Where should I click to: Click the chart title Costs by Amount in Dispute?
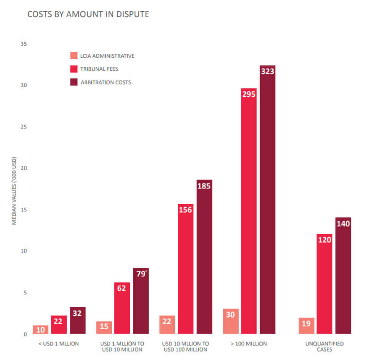(88, 14)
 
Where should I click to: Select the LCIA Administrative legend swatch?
(74, 56)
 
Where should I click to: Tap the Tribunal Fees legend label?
(99, 69)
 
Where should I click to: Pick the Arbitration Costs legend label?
(106, 82)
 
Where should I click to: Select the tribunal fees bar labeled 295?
(248, 211)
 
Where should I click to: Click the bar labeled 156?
(185, 269)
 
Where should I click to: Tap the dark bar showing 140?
(343, 275)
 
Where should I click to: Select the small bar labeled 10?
(40, 330)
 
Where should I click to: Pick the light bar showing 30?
(230, 321)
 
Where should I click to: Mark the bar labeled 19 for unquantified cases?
(306, 326)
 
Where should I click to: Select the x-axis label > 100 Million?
(248, 343)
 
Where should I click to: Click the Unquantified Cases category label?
(325, 347)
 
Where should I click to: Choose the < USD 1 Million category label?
(59, 343)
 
